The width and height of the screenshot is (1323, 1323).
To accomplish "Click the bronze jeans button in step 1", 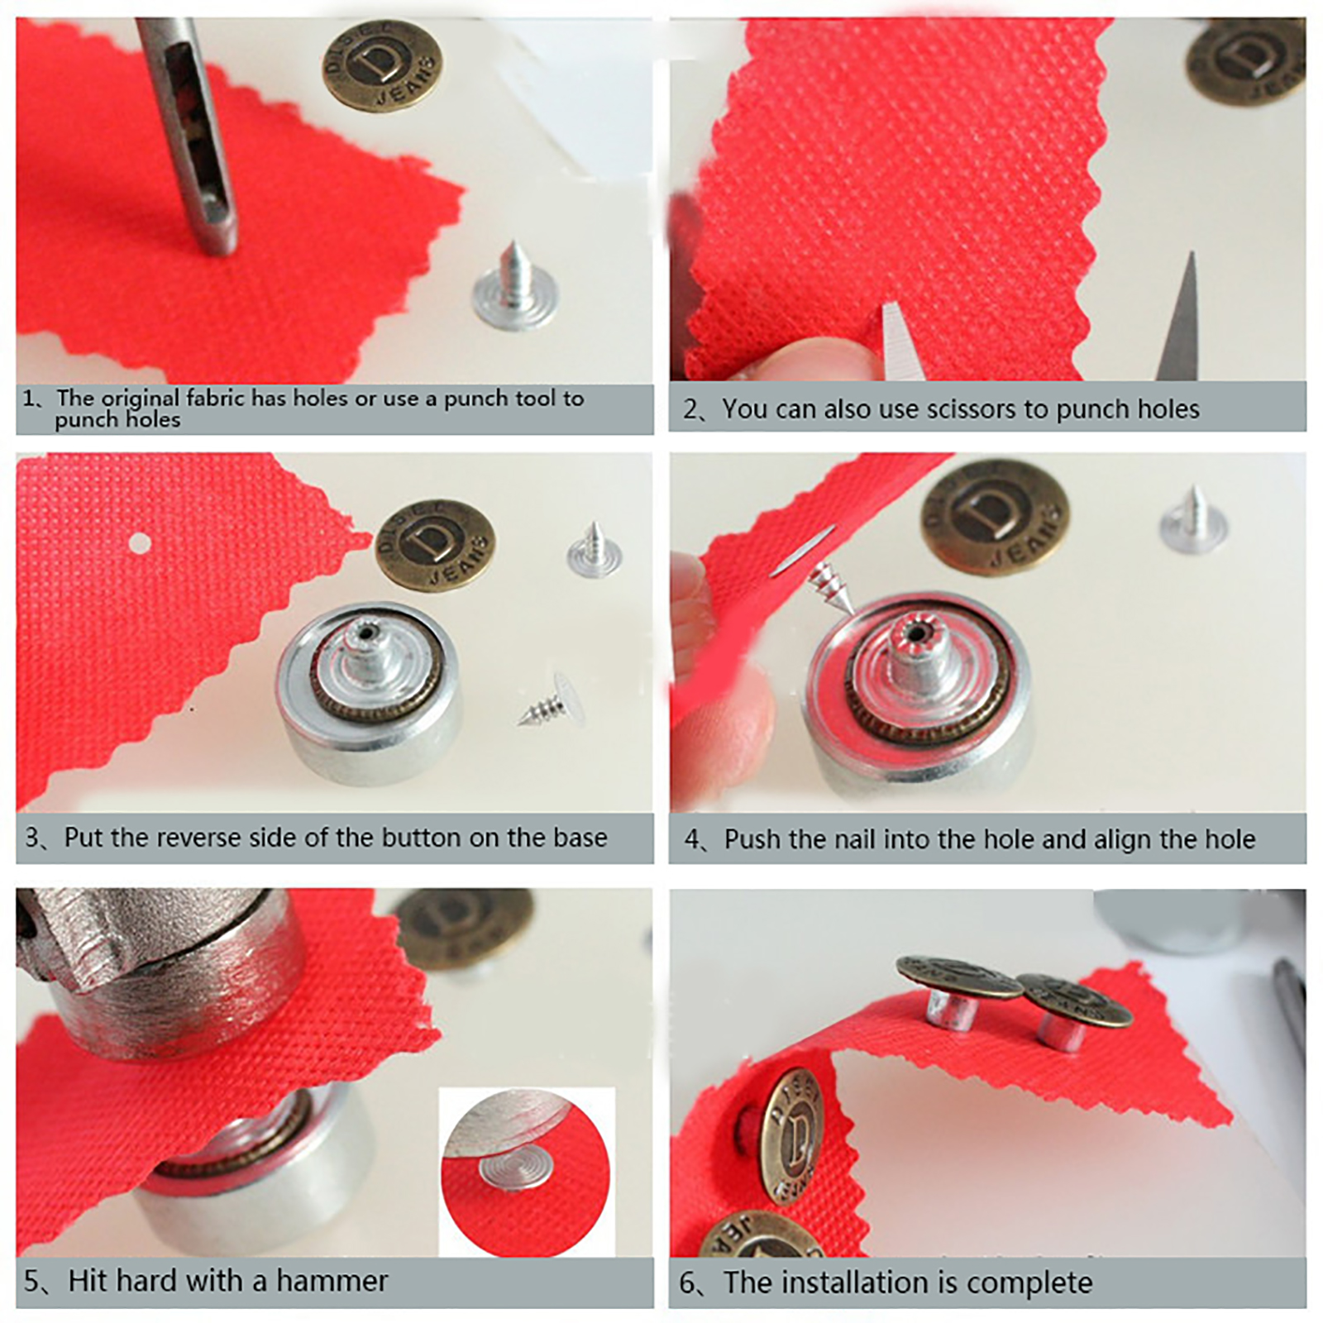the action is [381, 66].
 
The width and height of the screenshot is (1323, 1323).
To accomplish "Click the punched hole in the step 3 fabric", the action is [140, 543].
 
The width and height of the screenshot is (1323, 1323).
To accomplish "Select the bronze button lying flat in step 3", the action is [435, 546].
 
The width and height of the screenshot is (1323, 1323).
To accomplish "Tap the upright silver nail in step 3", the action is [595, 550].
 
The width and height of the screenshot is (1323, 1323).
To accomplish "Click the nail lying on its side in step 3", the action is [552, 701].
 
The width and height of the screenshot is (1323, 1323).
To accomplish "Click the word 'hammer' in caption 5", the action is [332, 1281].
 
